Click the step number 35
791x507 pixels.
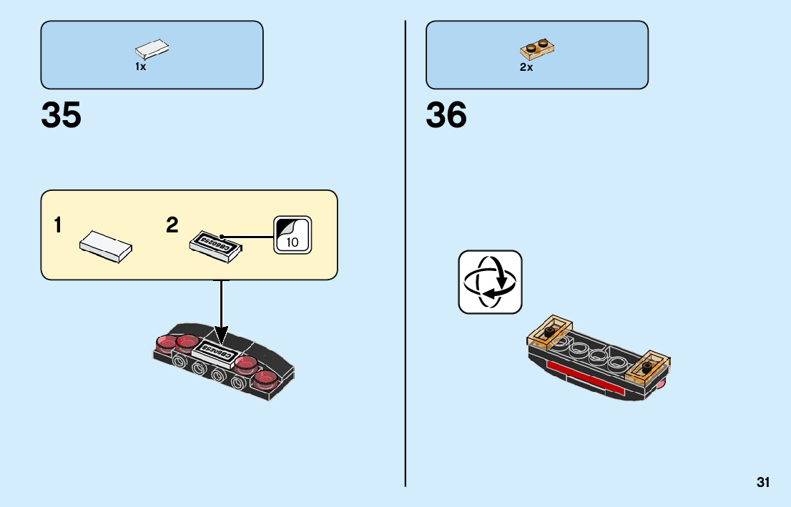point(62,115)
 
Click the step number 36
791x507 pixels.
point(446,115)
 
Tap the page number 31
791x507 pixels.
point(763,483)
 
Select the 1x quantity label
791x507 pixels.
point(140,67)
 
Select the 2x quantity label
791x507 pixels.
point(526,67)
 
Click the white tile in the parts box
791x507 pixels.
point(152,50)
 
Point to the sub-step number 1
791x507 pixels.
point(57,226)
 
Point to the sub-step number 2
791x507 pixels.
point(172,226)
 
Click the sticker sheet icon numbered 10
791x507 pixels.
point(293,234)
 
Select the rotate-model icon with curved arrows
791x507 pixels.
point(490,282)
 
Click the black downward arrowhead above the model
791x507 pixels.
point(222,334)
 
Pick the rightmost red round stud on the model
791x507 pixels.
point(266,377)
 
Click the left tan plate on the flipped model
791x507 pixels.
point(550,332)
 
